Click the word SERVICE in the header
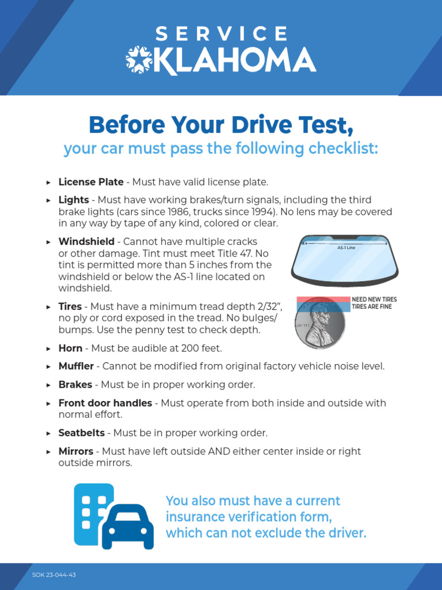pyautogui.click(x=221, y=33)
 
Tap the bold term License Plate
pyautogui.click(x=91, y=182)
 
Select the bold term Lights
pyautogui.click(x=74, y=200)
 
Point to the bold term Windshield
pyautogui.click(x=86, y=241)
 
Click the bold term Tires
pyautogui.click(x=71, y=307)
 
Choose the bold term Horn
pyautogui.click(x=70, y=349)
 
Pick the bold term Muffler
pyautogui.click(x=77, y=366)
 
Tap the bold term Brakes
pyautogui.click(x=75, y=384)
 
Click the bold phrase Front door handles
pyautogui.click(x=105, y=403)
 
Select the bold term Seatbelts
pyautogui.click(x=82, y=433)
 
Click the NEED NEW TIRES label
pyautogui.click(x=374, y=300)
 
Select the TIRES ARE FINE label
pyautogui.click(x=372, y=307)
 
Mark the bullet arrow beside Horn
pyautogui.click(x=48, y=349)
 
